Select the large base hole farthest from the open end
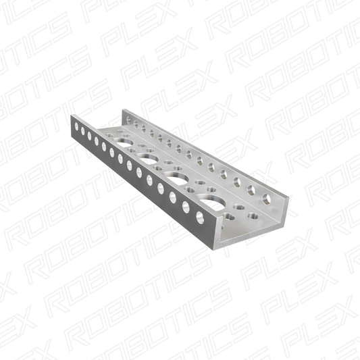pyautogui.click(x=124, y=143)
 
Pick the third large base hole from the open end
pyautogui.click(x=149, y=159)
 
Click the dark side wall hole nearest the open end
pyautogui.click(x=200, y=217)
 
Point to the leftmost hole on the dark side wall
pyautogui.click(x=76, y=126)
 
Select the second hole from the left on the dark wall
pyautogui.click(x=82, y=130)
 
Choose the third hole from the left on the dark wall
pyautogui.click(x=89, y=136)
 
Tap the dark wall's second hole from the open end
pyautogui.click(x=186, y=207)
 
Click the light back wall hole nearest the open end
pyautogui.click(x=267, y=199)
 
